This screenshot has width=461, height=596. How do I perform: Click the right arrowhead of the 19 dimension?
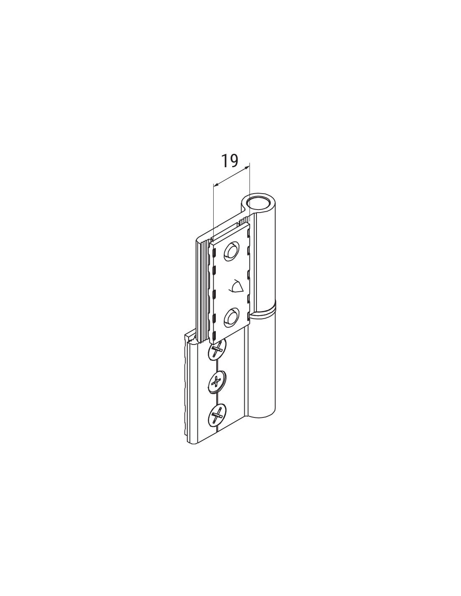pyautogui.click(x=247, y=167)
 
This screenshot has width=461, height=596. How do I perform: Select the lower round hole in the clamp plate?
pyautogui.click(x=232, y=317)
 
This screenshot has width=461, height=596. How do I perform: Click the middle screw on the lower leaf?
pyautogui.click(x=218, y=382)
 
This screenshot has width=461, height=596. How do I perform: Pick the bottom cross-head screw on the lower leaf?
pyautogui.click(x=218, y=417)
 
